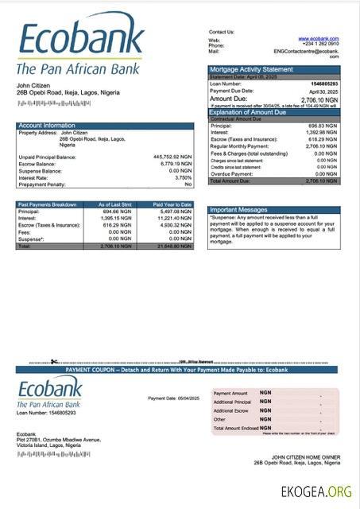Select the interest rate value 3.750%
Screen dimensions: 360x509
183,177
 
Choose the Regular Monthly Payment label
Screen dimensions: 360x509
239,146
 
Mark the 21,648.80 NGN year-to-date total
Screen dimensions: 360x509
172,246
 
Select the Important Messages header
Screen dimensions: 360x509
238,210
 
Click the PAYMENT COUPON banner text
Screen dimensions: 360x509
176,370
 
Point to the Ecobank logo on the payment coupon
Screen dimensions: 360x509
49,393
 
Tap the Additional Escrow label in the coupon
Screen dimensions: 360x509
230,410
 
